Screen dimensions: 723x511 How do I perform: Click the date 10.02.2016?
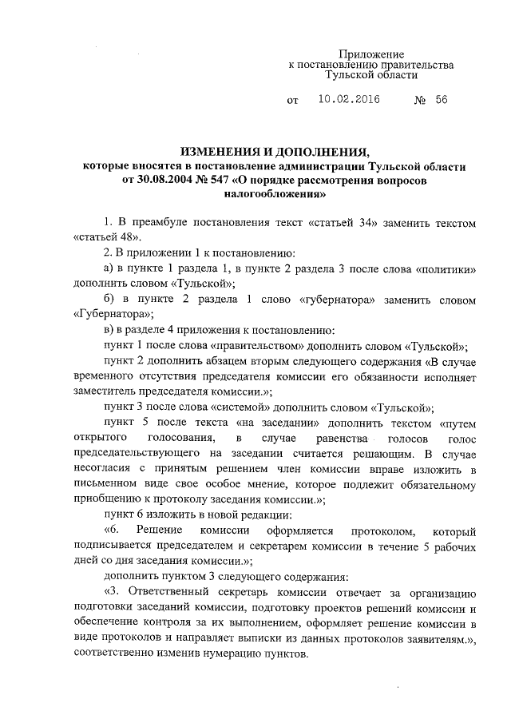click(x=348, y=101)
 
